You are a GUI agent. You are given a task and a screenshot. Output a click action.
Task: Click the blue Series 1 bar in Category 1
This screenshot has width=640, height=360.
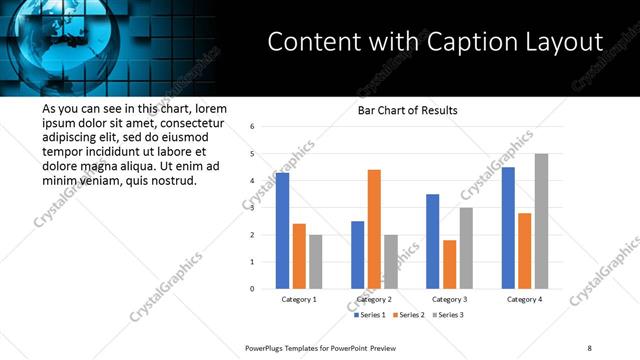coord(283,231)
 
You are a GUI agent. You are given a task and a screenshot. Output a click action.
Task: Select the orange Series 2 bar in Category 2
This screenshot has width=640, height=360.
coord(374,229)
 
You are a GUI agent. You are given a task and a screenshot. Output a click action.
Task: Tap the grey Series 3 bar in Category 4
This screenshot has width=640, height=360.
coord(541,221)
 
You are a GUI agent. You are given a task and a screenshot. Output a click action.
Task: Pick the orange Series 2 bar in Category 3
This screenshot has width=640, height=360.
coord(449,264)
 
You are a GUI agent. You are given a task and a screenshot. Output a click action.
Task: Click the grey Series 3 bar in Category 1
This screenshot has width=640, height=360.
coord(316,262)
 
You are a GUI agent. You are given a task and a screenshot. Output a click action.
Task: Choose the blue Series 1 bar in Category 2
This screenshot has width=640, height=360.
coord(358,255)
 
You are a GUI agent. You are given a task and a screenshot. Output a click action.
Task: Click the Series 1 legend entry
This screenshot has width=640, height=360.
coord(372,314)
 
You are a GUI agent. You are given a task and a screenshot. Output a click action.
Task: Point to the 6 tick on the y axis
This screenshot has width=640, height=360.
coord(253,127)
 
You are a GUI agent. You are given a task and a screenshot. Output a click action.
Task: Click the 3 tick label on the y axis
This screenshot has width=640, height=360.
coord(253,208)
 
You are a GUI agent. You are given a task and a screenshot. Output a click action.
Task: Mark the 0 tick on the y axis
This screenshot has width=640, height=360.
coord(253,289)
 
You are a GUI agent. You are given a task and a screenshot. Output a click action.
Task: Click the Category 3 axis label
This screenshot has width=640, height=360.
coord(449,299)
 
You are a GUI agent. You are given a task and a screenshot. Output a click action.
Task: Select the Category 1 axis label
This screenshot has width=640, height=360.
coord(299,299)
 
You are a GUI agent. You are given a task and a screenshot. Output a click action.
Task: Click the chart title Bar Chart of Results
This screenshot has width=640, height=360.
coord(408,110)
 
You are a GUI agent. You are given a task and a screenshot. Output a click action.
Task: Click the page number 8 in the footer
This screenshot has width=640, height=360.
coord(589,347)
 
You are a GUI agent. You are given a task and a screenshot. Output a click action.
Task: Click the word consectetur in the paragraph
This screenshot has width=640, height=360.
coord(182,123)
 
